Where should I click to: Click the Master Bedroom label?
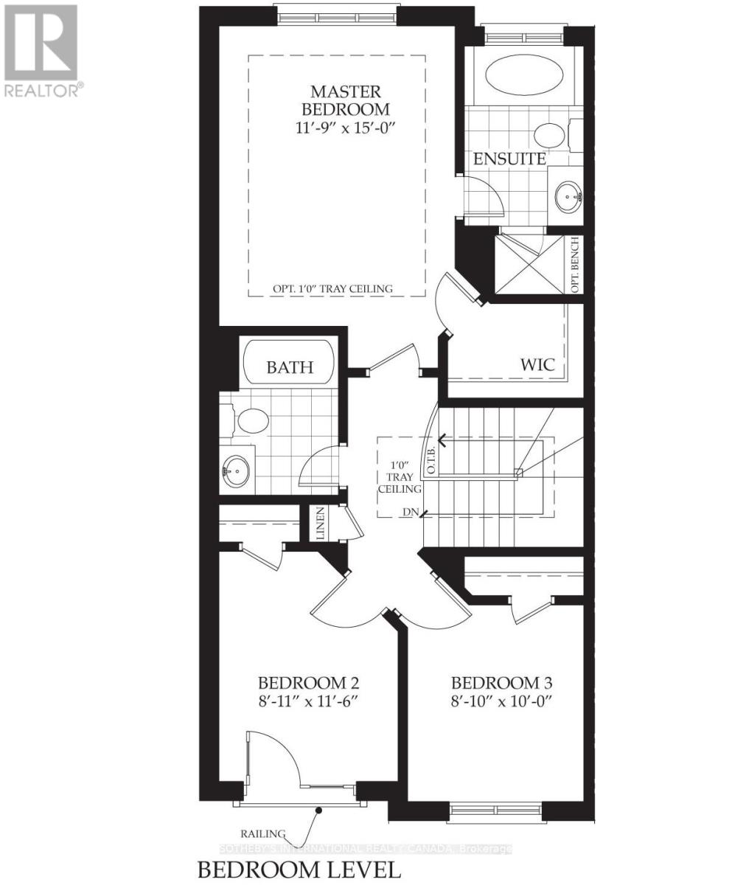[346, 100]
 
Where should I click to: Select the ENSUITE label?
[509, 159]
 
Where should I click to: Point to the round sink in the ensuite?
[568, 195]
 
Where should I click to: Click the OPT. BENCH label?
[575, 265]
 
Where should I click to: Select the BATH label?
[290, 367]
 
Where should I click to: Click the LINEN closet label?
[321, 524]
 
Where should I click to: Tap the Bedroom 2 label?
[308, 682]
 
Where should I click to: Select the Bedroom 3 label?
[501, 682]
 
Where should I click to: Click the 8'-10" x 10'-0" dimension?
[501, 700]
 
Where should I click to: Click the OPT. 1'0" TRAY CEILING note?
[332, 288]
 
